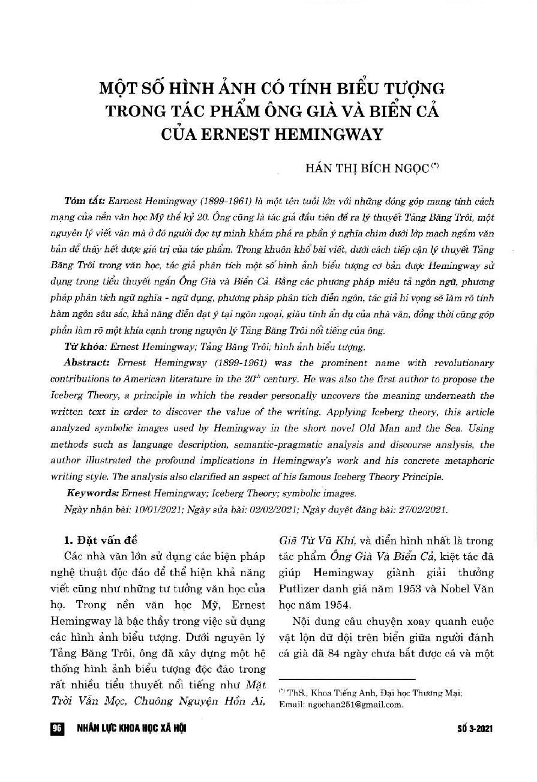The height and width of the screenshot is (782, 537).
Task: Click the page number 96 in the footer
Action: click(58, 729)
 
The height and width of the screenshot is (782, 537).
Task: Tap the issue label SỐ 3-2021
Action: click(474, 729)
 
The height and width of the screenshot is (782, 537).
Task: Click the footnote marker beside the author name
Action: click(435, 167)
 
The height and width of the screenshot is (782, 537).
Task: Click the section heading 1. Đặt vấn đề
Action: click(104, 539)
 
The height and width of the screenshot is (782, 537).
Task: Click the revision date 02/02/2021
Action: click(268, 509)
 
